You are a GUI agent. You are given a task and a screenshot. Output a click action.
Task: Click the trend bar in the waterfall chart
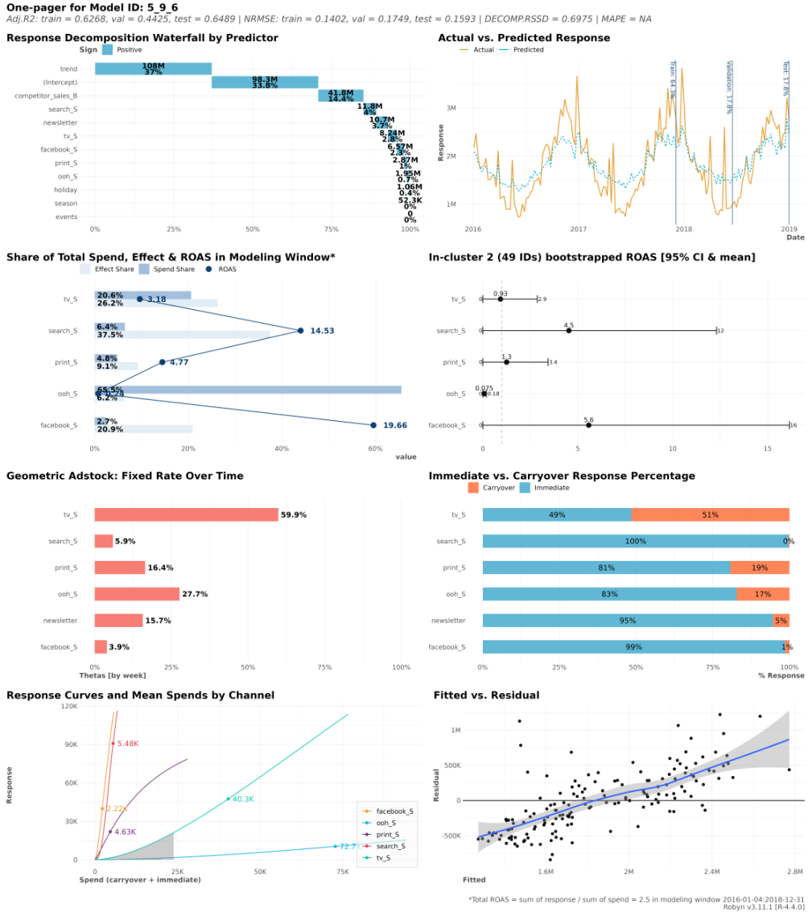pos(153,69)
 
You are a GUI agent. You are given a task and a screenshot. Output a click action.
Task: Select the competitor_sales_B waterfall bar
pos(340,96)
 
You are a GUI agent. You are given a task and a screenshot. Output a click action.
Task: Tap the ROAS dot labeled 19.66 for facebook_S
pos(373,425)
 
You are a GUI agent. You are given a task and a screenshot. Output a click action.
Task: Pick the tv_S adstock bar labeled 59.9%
pos(186,514)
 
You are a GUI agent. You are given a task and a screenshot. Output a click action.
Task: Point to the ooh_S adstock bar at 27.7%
pos(137,594)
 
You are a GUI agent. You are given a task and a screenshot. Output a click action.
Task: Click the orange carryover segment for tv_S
pos(710,514)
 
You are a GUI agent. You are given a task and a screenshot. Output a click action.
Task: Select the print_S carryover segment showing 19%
pos(759,567)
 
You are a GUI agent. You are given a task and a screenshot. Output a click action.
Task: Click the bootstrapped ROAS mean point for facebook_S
pos(588,425)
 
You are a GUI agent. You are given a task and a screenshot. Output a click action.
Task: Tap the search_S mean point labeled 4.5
pos(568,330)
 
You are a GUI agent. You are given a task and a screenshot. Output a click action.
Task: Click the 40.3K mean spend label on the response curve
pos(242,799)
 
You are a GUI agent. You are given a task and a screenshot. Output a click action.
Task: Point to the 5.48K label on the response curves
pos(128,743)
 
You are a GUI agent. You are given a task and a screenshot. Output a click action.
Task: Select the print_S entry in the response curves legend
pos(389,835)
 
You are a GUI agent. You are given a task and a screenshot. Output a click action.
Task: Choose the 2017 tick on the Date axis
pos(578,229)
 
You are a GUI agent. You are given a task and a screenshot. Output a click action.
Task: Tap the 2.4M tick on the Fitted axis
pos(711,872)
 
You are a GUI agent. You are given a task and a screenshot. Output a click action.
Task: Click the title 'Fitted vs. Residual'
pos(486,695)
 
